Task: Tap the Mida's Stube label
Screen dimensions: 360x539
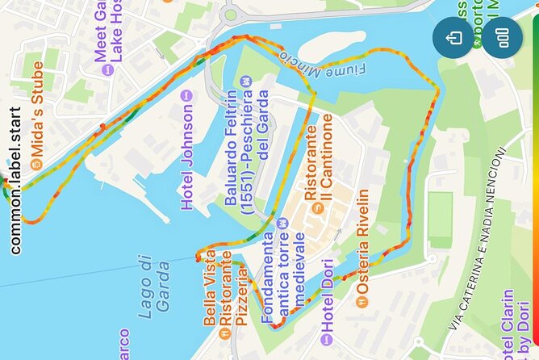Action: (36, 124)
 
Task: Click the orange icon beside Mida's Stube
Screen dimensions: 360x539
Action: (36, 165)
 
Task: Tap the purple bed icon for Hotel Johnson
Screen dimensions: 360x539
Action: (188, 96)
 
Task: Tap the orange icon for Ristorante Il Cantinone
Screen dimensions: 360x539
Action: (318, 207)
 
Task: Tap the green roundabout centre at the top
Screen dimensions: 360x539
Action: (231, 14)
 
